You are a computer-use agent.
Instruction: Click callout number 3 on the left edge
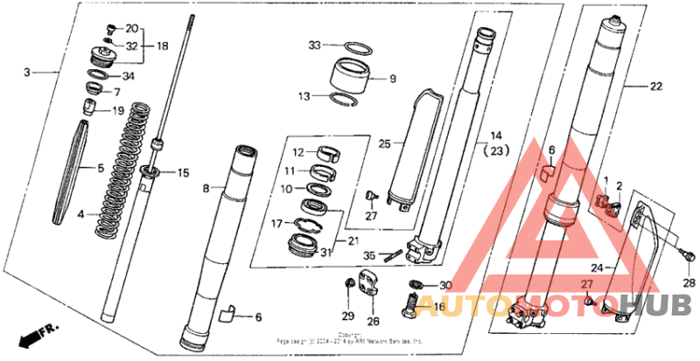pos(26,72)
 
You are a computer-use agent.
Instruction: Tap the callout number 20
pos(132,28)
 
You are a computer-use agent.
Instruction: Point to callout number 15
pos(183,172)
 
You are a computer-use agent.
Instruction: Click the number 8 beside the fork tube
pos(206,188)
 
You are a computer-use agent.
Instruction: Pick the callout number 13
pos(304,97)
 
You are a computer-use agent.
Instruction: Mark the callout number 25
pos(381,142)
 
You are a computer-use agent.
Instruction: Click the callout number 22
pos(656,87)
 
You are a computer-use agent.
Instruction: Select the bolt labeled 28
pos(688,258)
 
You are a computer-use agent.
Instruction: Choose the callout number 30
pos(445,286)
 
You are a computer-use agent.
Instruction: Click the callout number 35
pos(368,256)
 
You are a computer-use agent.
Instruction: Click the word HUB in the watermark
pos(666,303)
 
